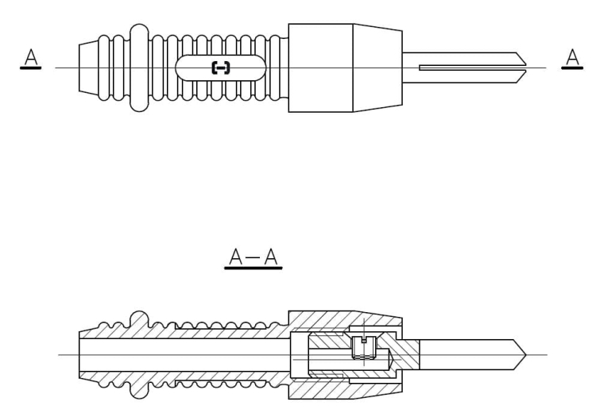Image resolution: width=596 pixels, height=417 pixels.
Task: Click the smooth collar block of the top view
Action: point(319,68)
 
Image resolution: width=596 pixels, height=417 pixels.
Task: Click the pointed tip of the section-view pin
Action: point(521,353)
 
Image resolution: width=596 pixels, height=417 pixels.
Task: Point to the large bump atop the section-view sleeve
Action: point(138,317)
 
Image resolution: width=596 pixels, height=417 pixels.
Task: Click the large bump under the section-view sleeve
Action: point(138,390)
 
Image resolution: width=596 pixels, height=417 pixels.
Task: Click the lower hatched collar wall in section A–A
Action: point(334,389)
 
